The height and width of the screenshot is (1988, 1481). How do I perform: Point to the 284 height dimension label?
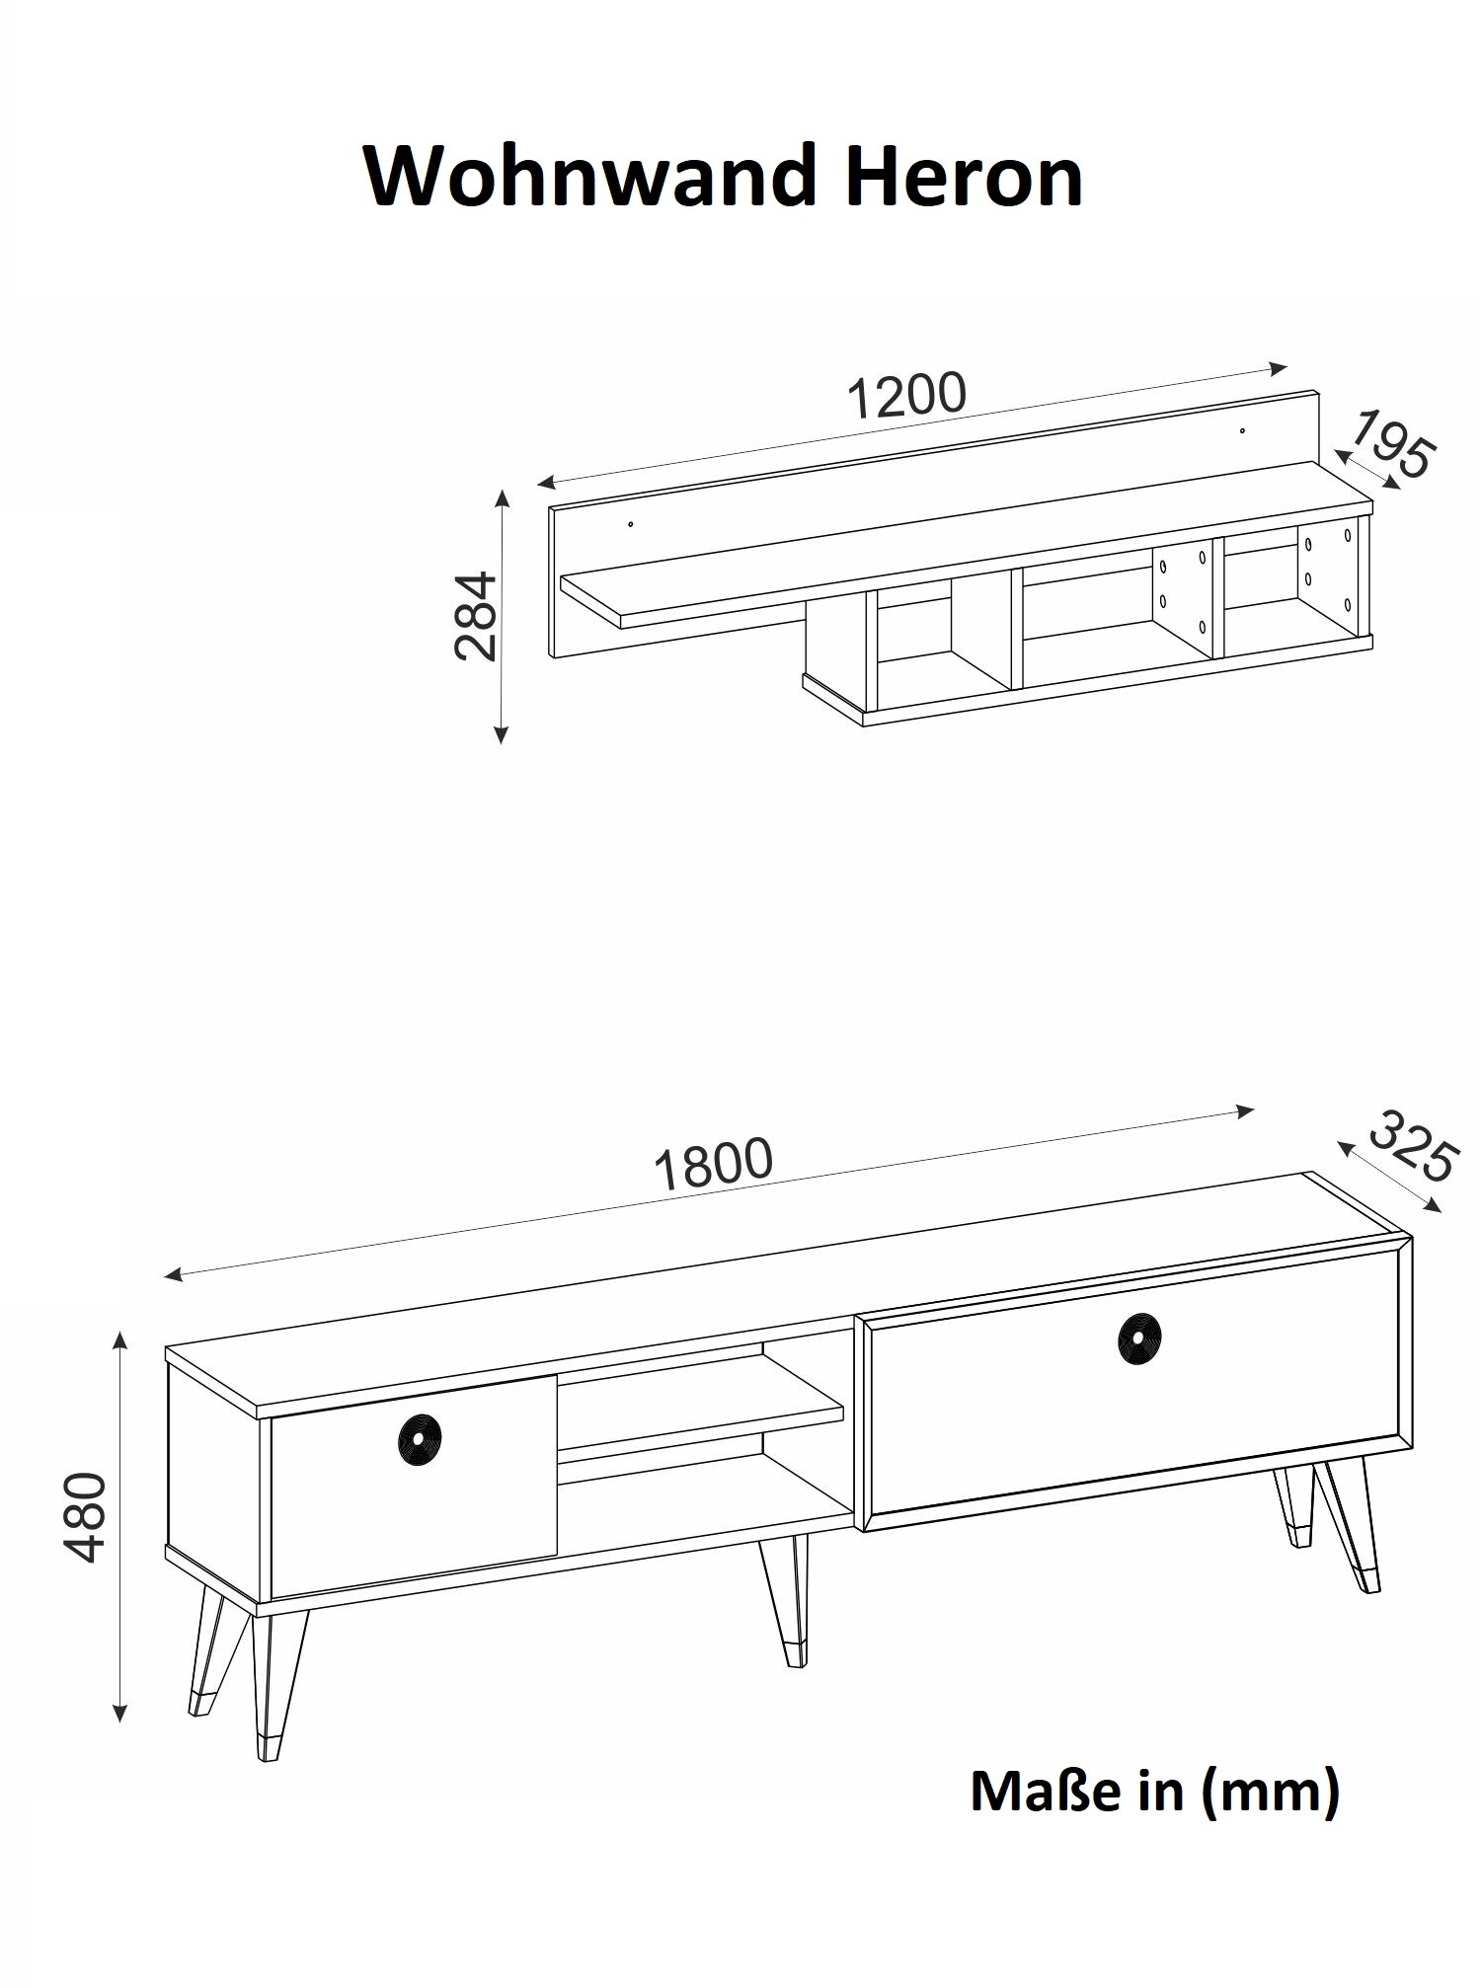point(475,615)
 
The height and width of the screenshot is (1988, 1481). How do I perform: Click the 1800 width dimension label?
point(713,1165)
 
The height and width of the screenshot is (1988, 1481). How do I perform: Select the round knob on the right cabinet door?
point(1139,1338)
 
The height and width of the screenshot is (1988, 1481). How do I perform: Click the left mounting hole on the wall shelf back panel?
point(631,523)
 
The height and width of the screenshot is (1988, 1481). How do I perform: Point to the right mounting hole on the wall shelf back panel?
point(1243,430)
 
